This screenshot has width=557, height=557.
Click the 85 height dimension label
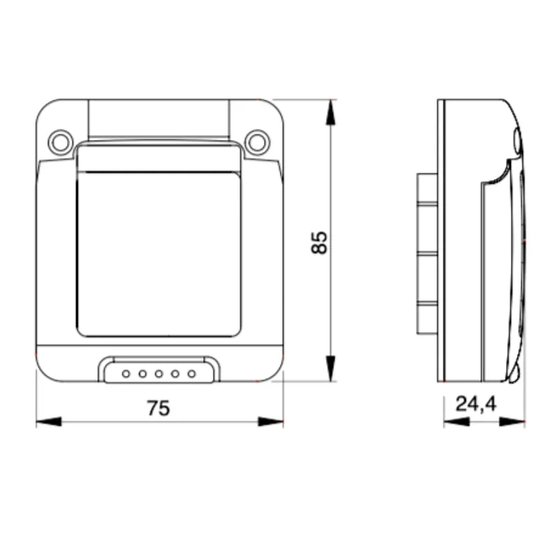pos(319,242)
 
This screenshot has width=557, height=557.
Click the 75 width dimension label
pos(159,408)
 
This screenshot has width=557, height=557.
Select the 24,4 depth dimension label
pos(476,405)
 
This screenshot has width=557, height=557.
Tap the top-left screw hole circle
pos(60,142)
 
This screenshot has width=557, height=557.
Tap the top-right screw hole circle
pos(257,142)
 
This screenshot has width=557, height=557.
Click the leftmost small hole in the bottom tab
pos(126,374)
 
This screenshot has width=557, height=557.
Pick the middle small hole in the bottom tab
pos(159,374)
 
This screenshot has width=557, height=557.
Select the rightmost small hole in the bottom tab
pos(192,374)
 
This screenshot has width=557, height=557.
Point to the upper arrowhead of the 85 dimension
pos(331,112)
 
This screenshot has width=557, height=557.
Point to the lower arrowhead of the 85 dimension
pos(331,368)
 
